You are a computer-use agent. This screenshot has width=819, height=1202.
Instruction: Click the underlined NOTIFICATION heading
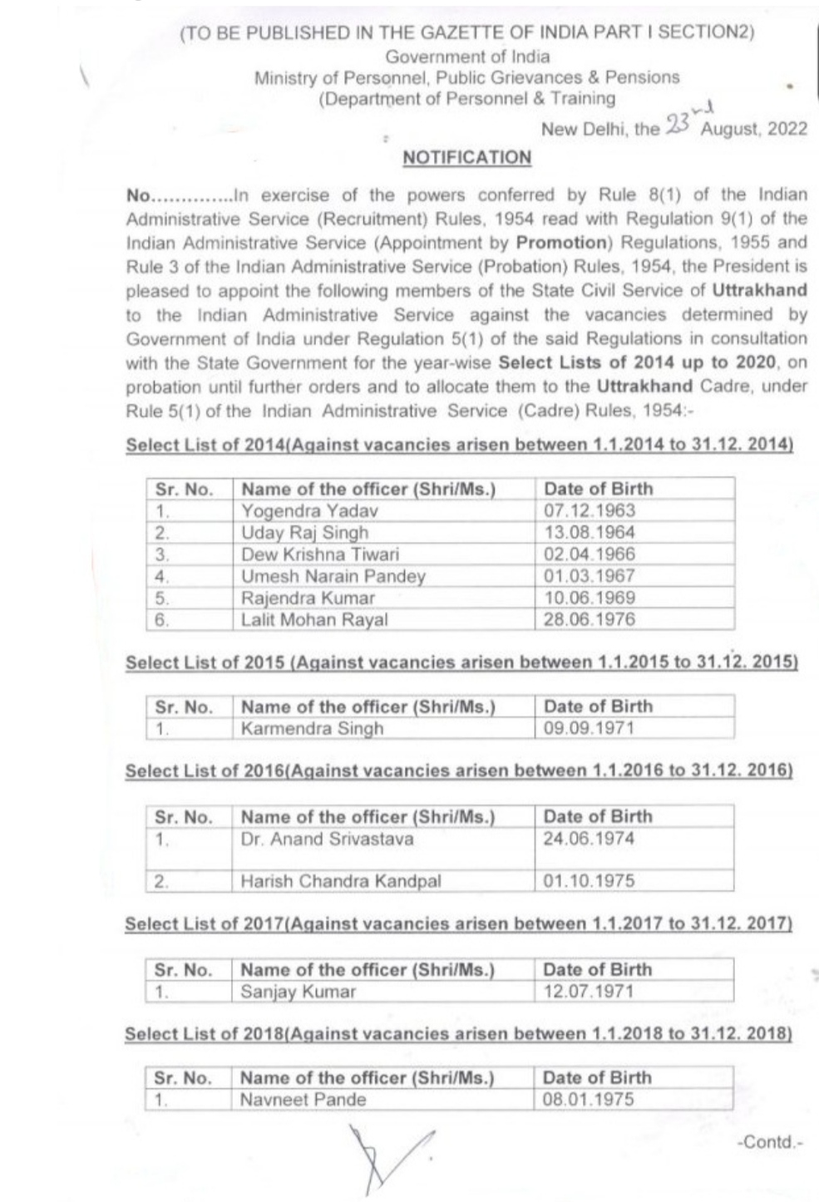click(466, 158)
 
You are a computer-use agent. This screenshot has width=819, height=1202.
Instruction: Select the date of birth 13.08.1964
click(589, 533)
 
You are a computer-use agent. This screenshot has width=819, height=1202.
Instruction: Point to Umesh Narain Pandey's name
click(333, 576)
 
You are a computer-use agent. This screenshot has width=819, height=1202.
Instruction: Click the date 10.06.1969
click(589, 598)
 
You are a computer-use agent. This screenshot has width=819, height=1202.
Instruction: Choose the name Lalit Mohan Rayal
click(314, 619)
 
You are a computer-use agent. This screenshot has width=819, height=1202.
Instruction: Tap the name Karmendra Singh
click(312, 729)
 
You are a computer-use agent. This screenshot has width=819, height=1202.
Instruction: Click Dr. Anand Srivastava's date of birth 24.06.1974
click(589, 839)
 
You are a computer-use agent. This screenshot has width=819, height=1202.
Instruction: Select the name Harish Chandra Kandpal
click(341, 881)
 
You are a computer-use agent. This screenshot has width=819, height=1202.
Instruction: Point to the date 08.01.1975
click(588, 1100)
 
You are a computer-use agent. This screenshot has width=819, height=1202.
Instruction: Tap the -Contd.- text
click(770, 1142)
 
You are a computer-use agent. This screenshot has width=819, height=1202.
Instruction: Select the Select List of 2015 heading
click(461, 663)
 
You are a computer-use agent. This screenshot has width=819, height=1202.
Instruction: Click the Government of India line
click(466, 57)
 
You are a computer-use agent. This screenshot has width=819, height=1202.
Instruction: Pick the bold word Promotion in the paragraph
click(562, 243)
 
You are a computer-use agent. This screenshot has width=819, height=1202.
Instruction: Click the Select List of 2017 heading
click(458, 924)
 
